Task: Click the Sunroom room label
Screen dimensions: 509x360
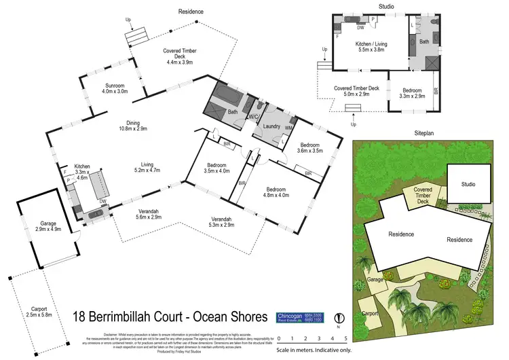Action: click(x=115, y=88)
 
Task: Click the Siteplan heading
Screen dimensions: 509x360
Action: click(x=424, y=134)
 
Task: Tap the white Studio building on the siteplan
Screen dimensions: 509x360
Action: click(x=468, y=183)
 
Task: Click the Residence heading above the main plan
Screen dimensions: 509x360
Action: click(x=191, y=12)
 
